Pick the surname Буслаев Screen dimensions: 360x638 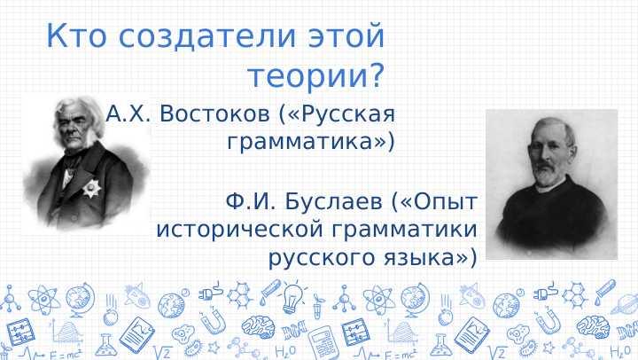pos(329,201)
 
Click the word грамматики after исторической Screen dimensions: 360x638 pos(404,230)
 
